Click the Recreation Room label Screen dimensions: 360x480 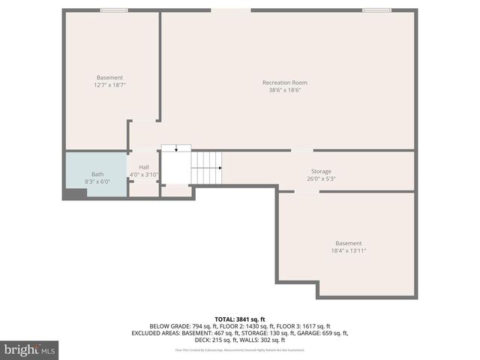pos(284,82)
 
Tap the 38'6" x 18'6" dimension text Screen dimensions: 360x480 pos(284,90)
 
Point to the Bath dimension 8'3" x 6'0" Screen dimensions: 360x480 pos(97,181)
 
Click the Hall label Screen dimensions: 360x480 pos(144,166)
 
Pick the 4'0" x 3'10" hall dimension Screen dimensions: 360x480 pos(144,175)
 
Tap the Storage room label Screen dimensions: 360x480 pos(321,172)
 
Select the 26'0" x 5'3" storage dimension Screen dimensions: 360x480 pos(321,179)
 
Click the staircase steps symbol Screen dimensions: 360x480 pos(207,167)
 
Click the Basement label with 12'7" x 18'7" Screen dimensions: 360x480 pos(109,78)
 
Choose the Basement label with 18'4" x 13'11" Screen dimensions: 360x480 pos(348,243)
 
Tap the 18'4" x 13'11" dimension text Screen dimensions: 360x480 pos(348,250)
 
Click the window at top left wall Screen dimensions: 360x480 pos(113,10)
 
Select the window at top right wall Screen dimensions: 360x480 pos(376,10)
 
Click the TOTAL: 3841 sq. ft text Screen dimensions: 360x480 pos(239,319)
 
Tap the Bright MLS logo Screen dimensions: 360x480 pos(30,350)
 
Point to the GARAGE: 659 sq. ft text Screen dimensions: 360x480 pos(324,333)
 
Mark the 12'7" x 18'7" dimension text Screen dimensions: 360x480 pos(109,85)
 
